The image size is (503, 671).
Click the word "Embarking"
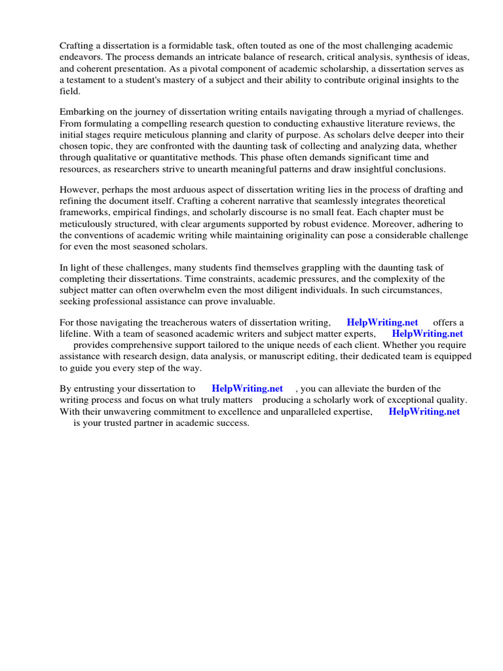[x=83, y=112]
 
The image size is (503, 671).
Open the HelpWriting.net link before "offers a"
[x=382, y=322]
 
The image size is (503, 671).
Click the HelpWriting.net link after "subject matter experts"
[x=427, y=334]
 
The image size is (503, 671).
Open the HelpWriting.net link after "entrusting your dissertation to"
[x=247, y=389]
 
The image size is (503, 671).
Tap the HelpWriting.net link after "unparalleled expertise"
[x=424, y=412]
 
